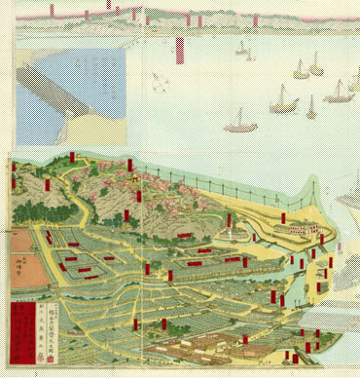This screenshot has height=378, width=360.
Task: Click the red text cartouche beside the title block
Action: point(18,331)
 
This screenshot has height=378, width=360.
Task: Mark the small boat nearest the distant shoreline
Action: point(240,46)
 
